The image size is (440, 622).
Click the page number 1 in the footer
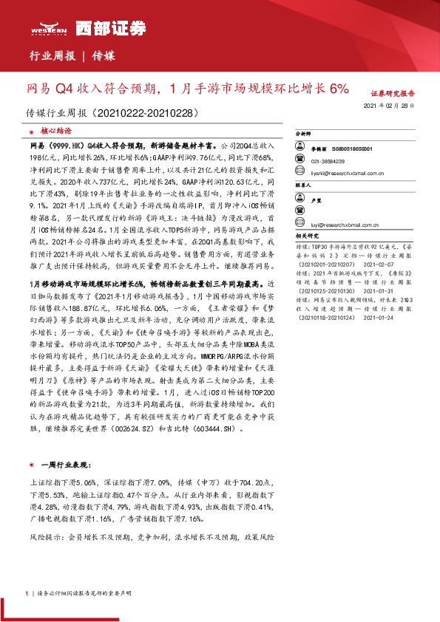click(26, 592)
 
